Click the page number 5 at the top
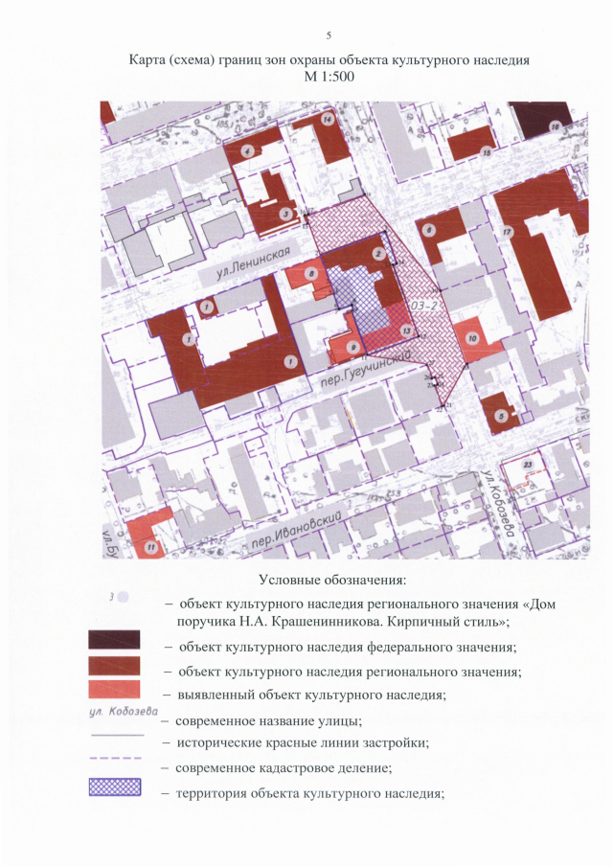pyautogui.click(x=329, y=36)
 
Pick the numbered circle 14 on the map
pyautogui.click(x=328, y=120)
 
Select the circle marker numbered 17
pyautogui.click(x=508, y=232)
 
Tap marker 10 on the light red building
pyautogui.click(x=472, y=338)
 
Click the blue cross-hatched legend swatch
pyautogui.click(x=114, y=787)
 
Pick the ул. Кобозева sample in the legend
pyautogui.click(x=113, y=712)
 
